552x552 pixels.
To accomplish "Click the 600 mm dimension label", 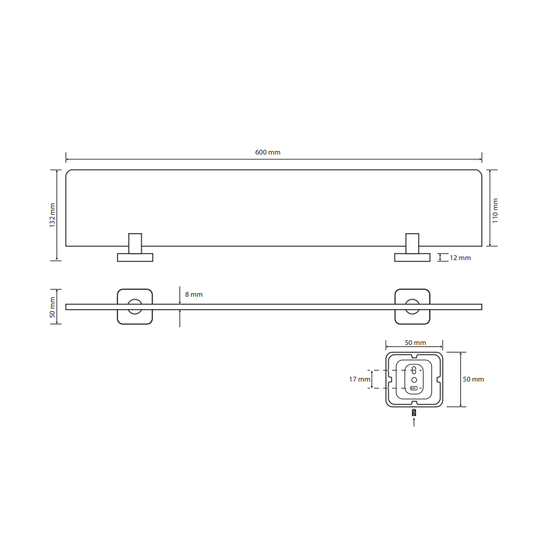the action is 268,152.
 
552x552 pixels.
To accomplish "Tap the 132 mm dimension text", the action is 52,215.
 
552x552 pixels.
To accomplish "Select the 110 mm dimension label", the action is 495,210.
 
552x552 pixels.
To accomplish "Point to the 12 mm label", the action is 460,257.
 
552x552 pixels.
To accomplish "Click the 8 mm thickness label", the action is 194,295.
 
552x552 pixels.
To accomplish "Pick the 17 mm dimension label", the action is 359,379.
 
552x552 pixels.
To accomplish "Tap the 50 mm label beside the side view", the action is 52,307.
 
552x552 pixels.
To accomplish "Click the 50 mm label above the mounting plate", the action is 415,342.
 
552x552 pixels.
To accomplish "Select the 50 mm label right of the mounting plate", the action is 473,379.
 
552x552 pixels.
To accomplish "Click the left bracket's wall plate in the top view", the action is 135,257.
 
